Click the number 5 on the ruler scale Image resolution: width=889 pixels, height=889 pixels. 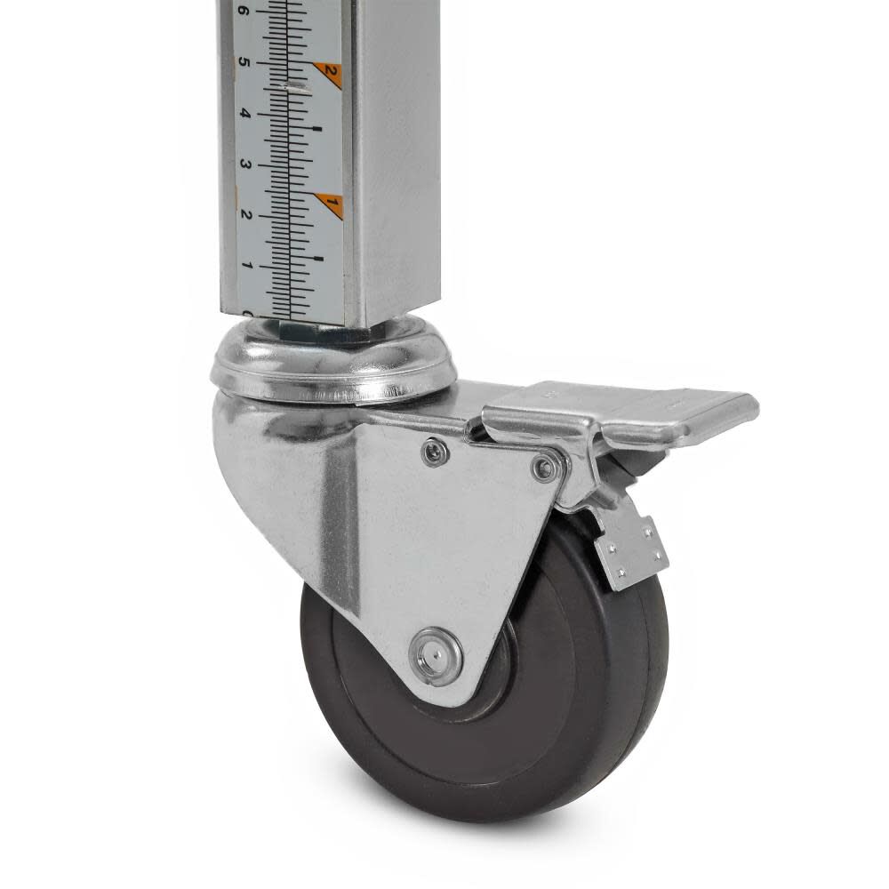point(243,64)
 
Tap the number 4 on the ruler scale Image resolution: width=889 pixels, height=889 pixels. point(243,115)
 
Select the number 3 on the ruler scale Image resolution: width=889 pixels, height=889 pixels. point(244,165)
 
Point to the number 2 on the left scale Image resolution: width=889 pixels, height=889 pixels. point(245,215)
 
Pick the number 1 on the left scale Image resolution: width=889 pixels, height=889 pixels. point(247,266)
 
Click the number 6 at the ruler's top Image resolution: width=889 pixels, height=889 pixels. point(242,12)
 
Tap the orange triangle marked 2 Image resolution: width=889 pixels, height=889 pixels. point(330,72)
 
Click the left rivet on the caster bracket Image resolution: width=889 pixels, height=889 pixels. point(434,452)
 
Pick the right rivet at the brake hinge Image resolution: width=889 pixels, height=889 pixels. point(545,466)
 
